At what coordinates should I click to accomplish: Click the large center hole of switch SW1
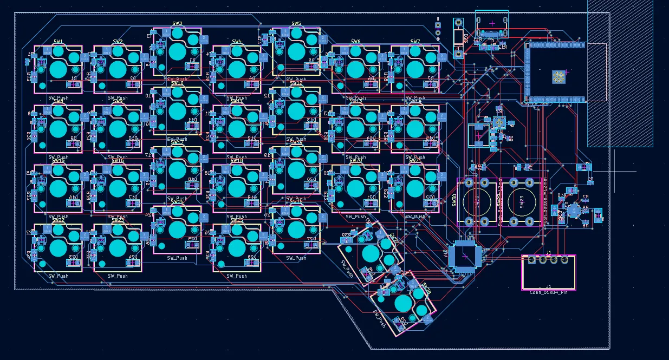coord(58,69)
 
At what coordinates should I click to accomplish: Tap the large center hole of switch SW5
coord(296,51)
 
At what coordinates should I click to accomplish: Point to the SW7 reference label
coord(415,42)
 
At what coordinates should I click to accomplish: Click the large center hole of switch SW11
coord(237,129)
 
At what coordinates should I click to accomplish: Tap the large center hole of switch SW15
coord(58,188)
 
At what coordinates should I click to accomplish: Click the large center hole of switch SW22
coord(58,248)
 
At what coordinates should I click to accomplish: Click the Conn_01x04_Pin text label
coord(548,292)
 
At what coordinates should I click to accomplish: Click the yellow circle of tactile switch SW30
coord(477,201)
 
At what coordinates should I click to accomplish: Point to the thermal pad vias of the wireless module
coord(558,77)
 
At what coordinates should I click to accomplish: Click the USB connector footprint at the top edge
coord(492,24)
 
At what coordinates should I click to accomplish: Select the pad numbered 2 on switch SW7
coord(443,56)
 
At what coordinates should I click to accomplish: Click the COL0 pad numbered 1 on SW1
coord(47,51)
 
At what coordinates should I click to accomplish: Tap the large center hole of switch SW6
coord(355,69)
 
